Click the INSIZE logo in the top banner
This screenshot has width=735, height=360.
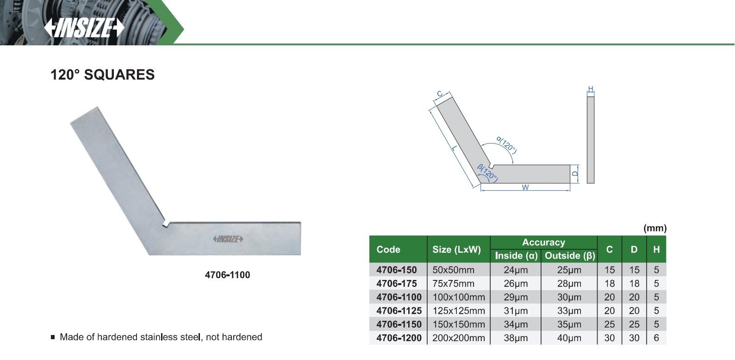click(84, 28)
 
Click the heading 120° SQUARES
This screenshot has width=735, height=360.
click(102, 75)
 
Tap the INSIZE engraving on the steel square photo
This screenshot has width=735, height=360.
click(228, 239)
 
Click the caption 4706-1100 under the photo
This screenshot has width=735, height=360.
click(227, 275)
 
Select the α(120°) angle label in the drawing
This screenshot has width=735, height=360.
click(506, 144)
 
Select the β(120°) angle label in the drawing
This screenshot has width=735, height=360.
click(487, 173)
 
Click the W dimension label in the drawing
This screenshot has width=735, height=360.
click(525, 187)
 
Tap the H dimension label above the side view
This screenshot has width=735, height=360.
click(591, 89)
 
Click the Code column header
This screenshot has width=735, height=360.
click(388, 249)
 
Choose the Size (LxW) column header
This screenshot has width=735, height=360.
click(456, 249)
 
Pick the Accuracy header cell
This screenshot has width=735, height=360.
click(543, 242)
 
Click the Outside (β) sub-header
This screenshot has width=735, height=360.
click(570, 255)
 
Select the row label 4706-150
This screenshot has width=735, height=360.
click(397, 270)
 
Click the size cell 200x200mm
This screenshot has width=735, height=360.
click(458, 338)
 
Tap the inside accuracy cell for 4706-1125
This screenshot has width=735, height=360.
click(516, 310)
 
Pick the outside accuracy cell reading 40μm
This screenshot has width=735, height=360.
click(569, 338)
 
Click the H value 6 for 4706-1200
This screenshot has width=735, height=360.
click(656, 338)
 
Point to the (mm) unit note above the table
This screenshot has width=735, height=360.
click(655, 228)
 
